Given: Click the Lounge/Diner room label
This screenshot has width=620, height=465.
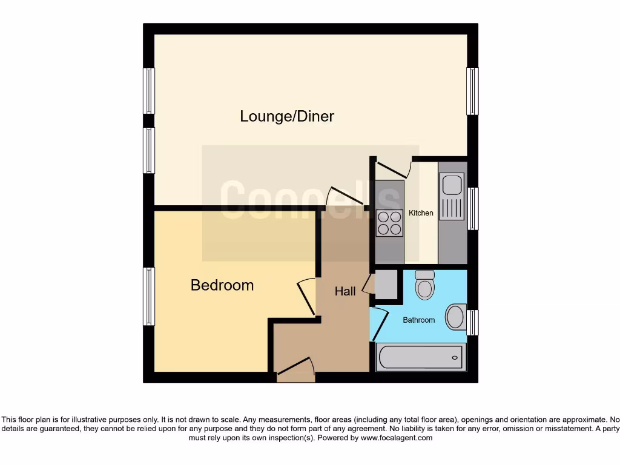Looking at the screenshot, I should click(287, 116).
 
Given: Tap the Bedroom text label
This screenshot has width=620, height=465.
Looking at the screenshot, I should click(222, 285).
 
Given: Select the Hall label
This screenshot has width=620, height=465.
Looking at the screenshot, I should click(345, 291).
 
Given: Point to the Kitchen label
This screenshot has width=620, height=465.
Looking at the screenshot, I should click(421, 213).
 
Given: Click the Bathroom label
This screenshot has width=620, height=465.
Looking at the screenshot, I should click(418, 320).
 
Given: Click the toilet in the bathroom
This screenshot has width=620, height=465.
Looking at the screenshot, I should click(425, 284).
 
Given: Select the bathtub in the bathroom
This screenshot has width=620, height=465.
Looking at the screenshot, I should click(421, 357).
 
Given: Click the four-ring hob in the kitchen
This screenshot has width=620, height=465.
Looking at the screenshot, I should click(390, 222).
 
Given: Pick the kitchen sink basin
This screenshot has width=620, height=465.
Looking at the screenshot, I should click(452, 183).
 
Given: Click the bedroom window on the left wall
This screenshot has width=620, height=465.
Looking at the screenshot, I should click(149, 296).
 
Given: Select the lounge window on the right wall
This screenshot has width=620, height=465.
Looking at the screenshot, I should click(472, 91).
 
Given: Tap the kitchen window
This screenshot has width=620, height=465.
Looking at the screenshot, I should click(472, 208).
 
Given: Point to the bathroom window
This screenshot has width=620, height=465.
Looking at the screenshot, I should click(472, 322).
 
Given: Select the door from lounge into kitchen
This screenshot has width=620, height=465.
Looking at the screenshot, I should click(392, 168).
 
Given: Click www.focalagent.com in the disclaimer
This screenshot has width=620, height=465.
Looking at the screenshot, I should click(396, 438).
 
